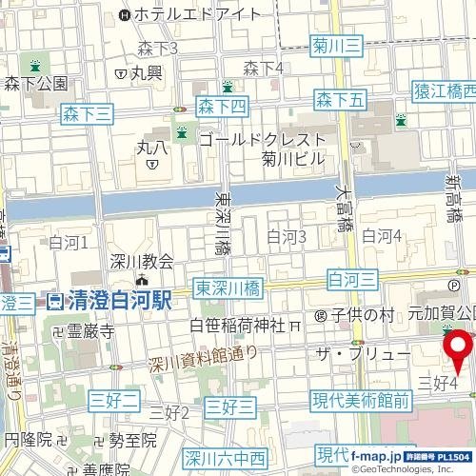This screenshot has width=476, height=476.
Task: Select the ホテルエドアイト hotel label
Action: click(197, 14)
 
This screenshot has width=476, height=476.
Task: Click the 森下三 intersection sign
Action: click(88, 113)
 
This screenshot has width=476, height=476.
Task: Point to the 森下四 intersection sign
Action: click(222, 106)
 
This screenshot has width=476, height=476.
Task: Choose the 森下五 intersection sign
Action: click(340, 98)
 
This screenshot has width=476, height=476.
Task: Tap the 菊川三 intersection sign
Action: click(337, 44)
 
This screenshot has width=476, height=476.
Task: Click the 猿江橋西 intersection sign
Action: click(444, 90)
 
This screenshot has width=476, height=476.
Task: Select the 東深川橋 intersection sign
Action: click(228, 288)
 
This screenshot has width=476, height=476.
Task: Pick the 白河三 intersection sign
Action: click(352, 277)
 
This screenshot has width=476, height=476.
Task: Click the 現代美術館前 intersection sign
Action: click(362, 402)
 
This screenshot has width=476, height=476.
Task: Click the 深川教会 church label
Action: click(142, 262)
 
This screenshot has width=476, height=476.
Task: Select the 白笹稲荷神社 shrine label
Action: click(238, 326)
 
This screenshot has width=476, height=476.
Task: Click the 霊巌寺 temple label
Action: click(89, 331)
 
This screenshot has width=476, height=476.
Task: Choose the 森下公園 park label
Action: click(35, 84)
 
